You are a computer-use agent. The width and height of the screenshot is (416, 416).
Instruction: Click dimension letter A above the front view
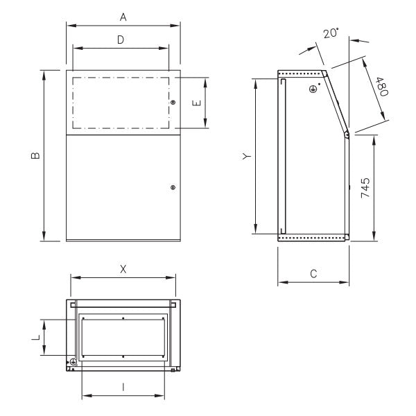coord(123,14)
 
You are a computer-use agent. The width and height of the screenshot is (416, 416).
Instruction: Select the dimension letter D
coord(120,40)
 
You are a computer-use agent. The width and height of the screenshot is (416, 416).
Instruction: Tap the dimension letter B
coord(35,155)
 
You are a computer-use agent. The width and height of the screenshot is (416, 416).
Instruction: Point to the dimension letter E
coord(196,103)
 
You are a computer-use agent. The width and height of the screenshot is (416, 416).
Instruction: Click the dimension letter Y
coord(246,157)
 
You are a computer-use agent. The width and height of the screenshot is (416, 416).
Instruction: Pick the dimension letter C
coord(313,274)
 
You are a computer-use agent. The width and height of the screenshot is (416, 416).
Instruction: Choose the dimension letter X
coord(123,268)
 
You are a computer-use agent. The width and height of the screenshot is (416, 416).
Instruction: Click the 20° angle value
coord(331,33)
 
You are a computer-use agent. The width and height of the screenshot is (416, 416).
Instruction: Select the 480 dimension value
coord(381,87)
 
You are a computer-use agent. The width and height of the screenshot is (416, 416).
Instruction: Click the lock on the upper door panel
coord(173,103)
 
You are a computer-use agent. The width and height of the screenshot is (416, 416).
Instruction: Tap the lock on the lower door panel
coord(173,187)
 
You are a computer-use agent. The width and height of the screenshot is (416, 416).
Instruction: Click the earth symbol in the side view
coord(313,88)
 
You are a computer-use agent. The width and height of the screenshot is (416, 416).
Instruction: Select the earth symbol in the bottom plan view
coord(72,362)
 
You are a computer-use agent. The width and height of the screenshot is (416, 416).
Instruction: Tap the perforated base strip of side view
coord(312,238)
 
